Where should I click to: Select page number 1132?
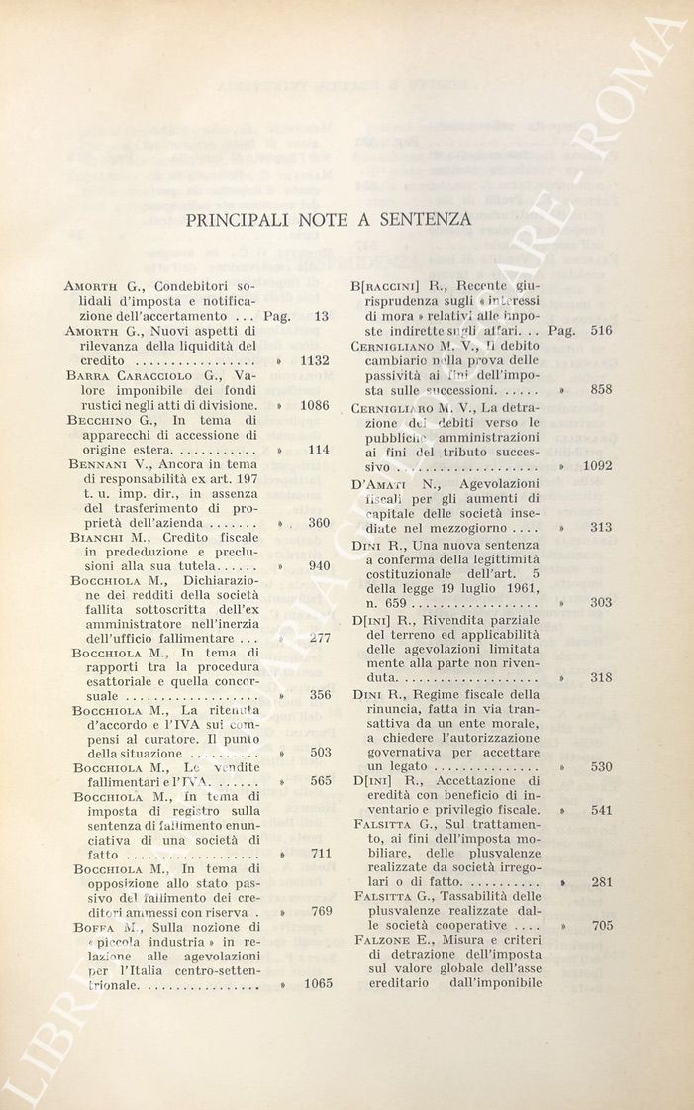[315, 360]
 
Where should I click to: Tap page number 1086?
[315, 405]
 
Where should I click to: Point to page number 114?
[319, 450]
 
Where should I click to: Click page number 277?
[319, 638]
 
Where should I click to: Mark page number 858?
[601, 390]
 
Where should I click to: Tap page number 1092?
[597, 465]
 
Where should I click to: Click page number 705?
[601, 926]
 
